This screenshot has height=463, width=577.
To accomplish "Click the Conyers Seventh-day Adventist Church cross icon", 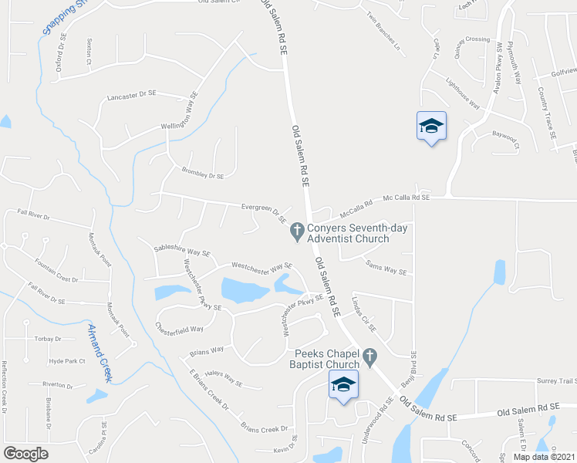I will tap(295, 230).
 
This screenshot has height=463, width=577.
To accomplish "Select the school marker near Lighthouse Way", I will tap(431, 127).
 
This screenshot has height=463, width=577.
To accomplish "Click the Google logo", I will tap(25, 454).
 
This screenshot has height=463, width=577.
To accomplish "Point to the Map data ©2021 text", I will tap(544, 456).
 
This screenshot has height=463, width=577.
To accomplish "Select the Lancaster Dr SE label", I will tap(132, 95).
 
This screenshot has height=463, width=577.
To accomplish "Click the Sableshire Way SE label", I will tap(182, 252).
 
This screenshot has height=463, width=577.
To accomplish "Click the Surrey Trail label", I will tap(556, 380).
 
